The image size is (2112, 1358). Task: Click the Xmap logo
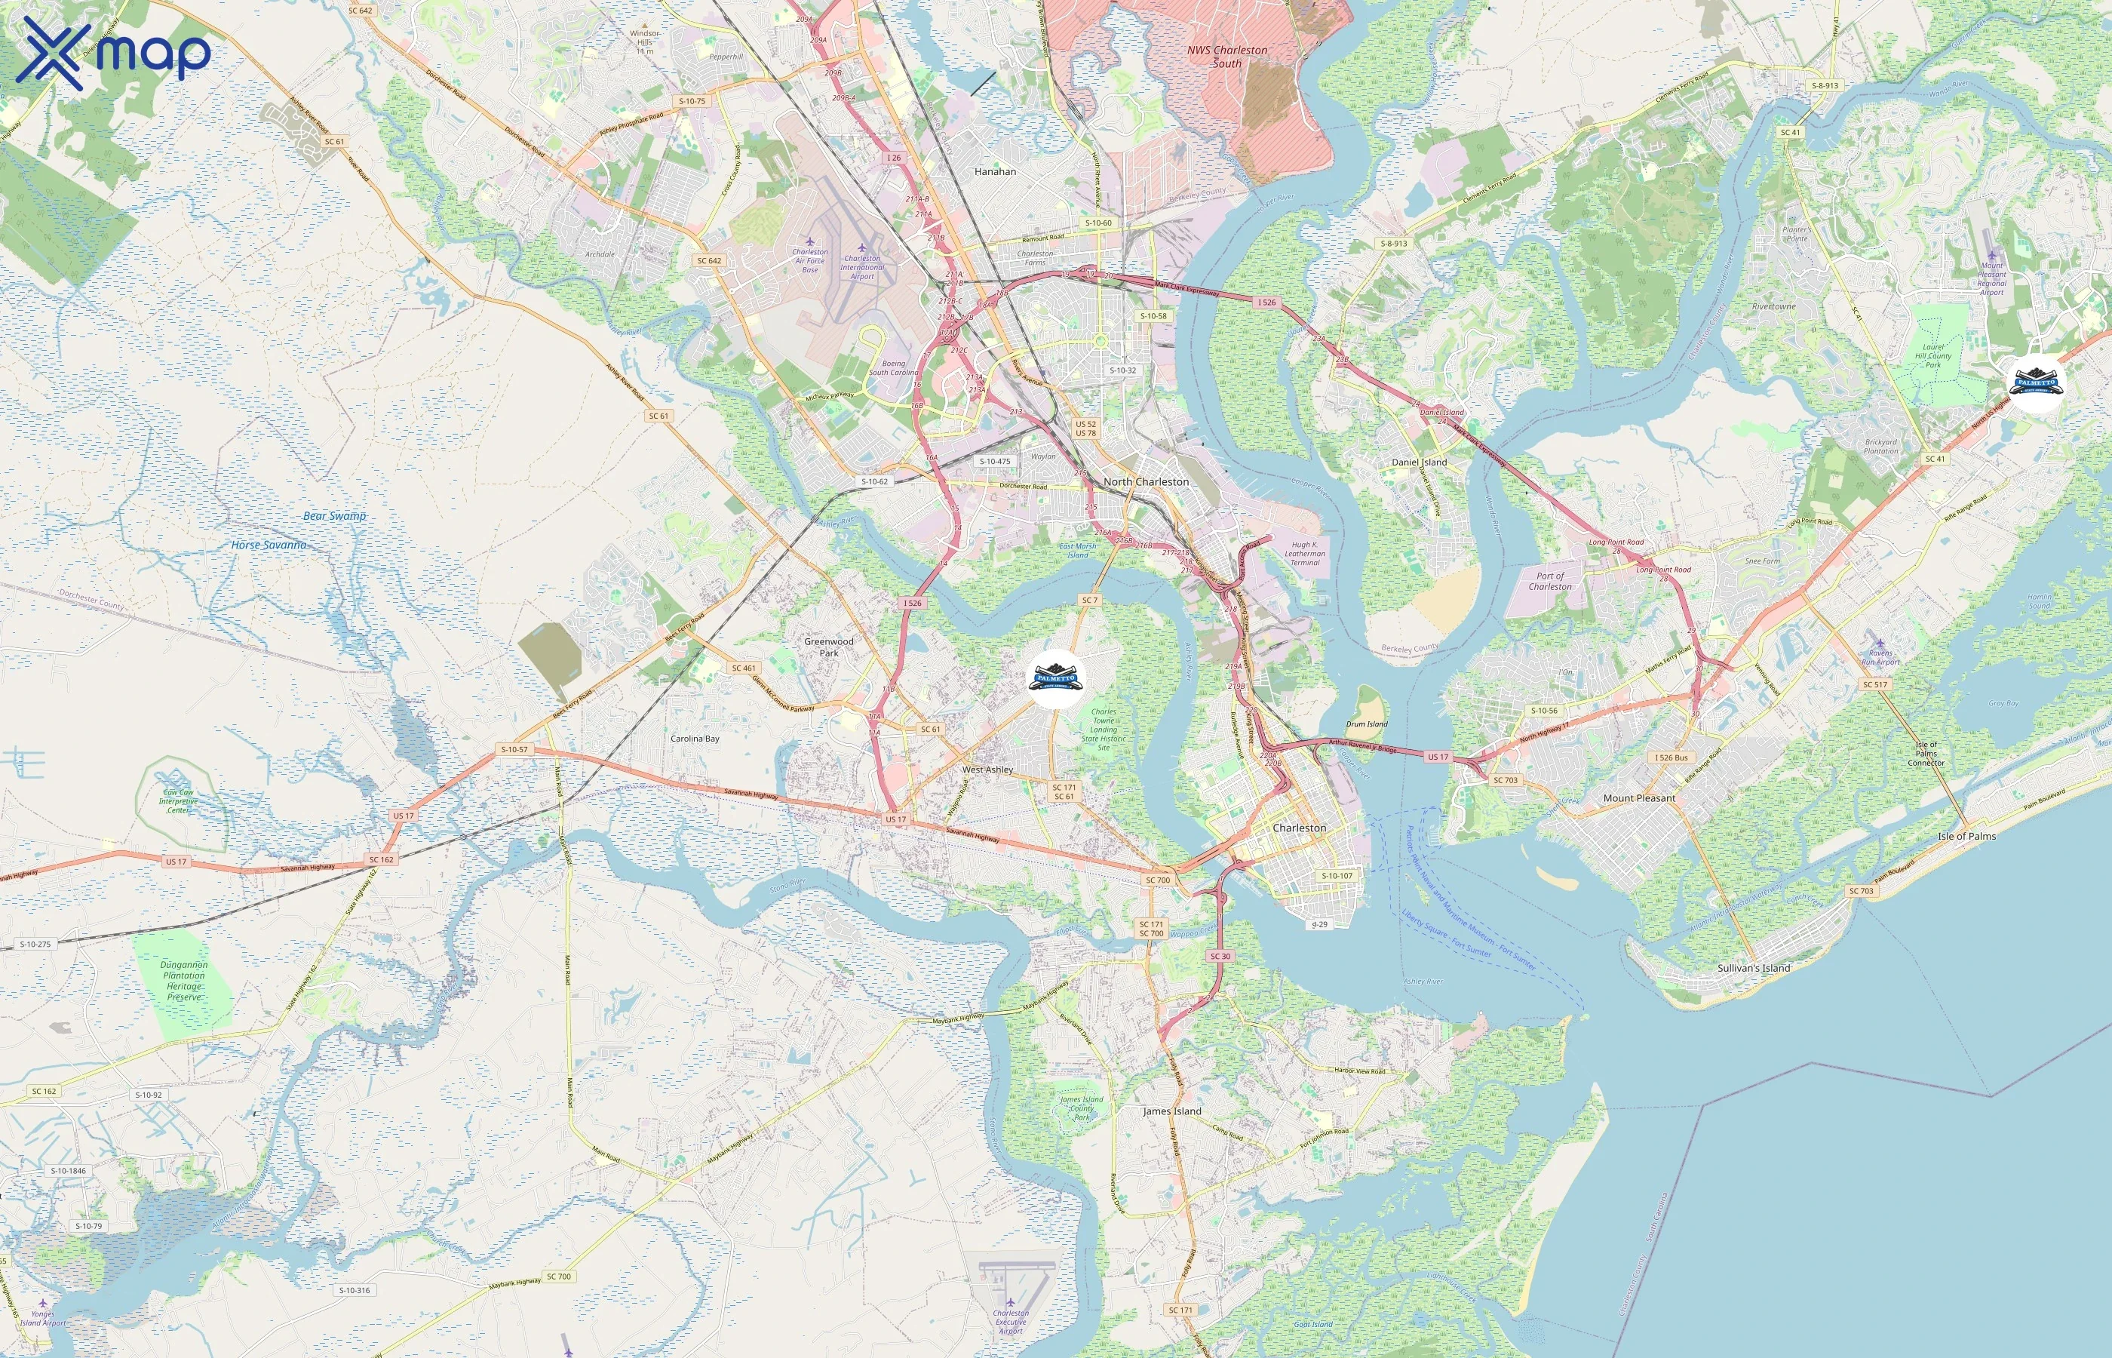(113, 52)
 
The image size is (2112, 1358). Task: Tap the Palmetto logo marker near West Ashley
(1055, 678)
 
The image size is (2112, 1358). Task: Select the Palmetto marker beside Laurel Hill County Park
(2036, 383)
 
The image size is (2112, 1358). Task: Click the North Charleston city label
(1146, 481)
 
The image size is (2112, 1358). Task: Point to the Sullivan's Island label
(1753, 967)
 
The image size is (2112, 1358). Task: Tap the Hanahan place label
(995, 172)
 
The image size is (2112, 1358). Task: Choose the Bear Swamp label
(334, 516)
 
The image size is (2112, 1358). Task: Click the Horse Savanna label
(269, 545)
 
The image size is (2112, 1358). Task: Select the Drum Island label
(1366, 724)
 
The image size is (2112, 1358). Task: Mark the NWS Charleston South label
(1227, 57)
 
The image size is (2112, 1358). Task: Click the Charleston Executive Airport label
(1011, 1322)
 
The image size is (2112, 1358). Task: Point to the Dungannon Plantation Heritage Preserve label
(183, 981)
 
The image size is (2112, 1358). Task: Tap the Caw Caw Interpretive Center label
(178, 800)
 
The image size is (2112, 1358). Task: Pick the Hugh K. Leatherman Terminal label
(1305, 553)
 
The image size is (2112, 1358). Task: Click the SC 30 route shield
(1220, 956)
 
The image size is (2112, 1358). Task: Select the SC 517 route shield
(1875, 684)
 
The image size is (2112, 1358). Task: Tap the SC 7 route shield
(1089, 600)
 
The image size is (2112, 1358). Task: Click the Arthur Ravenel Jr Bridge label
(1362, 747)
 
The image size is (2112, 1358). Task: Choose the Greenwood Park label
(828, 647)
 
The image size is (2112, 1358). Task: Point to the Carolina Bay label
(695, 739)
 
